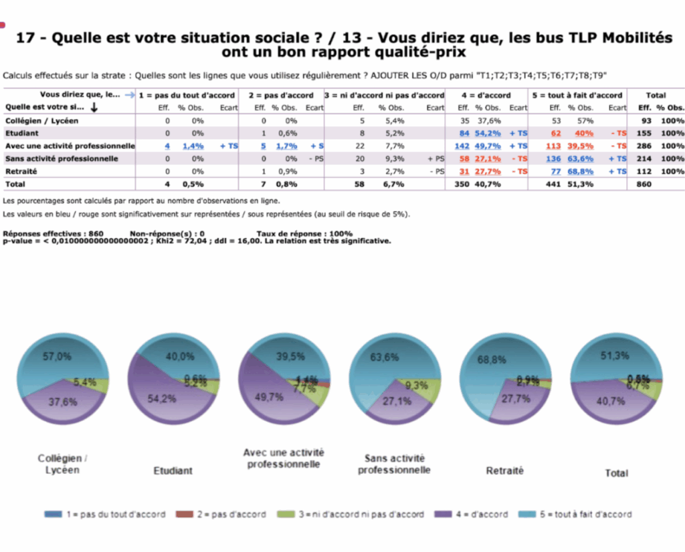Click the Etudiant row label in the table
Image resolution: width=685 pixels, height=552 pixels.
pyautogui.click(x=21, y=133)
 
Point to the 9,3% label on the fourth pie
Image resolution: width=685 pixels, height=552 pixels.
pyautogui.click(x=417, y=385)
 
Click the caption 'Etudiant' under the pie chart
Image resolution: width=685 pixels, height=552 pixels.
pyautogui.click(x=173, y=470)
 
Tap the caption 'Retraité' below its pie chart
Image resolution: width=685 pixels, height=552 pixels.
pyautogui.click(x=504, y=470)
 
